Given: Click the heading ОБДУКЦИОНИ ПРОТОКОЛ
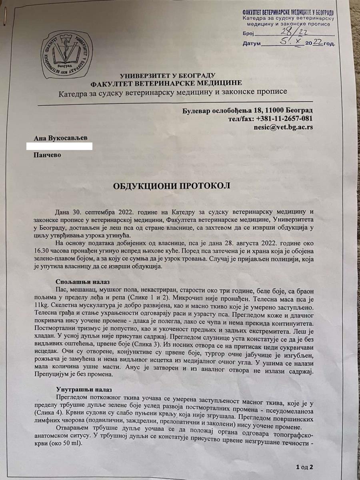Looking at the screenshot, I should [172, 187].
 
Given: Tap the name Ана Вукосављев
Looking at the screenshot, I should [60, 138].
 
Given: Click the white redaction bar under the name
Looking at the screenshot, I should [59, 146].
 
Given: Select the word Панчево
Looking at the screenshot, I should [48, 155].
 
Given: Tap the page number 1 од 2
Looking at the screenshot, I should [304, 467].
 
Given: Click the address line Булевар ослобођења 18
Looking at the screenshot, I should [247, 110].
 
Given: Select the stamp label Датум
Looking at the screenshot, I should [252, 43].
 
